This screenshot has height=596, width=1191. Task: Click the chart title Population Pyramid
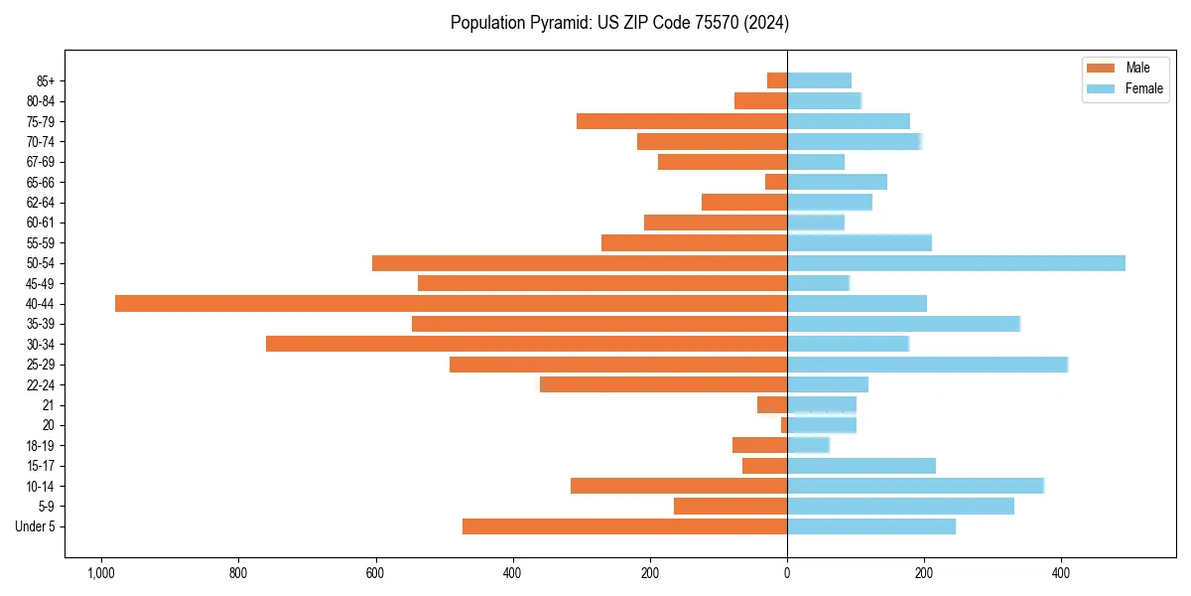(x=619, y=22)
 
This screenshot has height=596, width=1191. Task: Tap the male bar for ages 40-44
(x=452, y=303)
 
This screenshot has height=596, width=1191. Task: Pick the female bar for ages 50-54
(x=956, y=263)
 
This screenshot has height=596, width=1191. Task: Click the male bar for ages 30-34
(x=527, y=344)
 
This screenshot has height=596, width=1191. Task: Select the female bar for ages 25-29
(x=927, y=365)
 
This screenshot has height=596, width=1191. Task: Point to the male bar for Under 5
(x=625, y=526)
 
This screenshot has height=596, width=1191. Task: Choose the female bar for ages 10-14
(x=915, y=486)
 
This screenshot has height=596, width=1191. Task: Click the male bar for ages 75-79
(x=682, y=121)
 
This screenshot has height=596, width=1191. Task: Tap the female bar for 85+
(x=819, y=80)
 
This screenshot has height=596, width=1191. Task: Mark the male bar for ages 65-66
(x=776, y=182)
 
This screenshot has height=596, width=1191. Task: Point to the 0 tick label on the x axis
(x=787, y=573)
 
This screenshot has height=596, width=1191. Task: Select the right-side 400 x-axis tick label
(x=1061, y=573)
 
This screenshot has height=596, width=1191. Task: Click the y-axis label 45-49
(x=40, y=283)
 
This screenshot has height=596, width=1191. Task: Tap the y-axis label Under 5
(x=36, y=526)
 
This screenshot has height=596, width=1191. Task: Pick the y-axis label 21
(x=49, y=405)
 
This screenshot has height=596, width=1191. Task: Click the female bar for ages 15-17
(x=861, y=466)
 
